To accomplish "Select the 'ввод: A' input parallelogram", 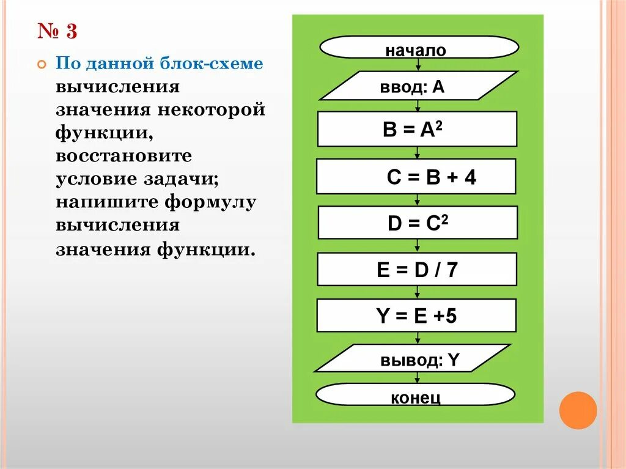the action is coord(418,86).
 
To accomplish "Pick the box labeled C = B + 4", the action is coord(416,177).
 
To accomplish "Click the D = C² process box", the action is coord(418,223).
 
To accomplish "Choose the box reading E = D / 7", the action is coord(417,270).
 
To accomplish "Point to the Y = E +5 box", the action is coord(417,316).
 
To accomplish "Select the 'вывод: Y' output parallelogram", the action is coord(413,358).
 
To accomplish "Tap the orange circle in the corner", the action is coord(578,410).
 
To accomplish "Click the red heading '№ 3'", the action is coord(57,31).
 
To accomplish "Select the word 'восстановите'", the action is coord(124,156).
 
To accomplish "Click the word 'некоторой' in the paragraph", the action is coord(213,110).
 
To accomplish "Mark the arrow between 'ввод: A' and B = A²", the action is coord(418,106).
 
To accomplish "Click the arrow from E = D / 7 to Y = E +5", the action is coord(418,292).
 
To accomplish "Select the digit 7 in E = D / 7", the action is coord(451,270).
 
